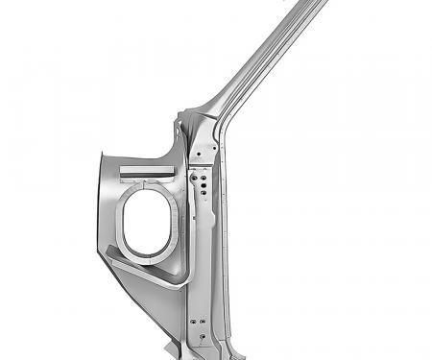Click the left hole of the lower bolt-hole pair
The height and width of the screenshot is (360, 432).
pos(192,321)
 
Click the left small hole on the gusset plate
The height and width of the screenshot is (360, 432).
pos(195,150)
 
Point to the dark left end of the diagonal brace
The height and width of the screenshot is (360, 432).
pos(108,252)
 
